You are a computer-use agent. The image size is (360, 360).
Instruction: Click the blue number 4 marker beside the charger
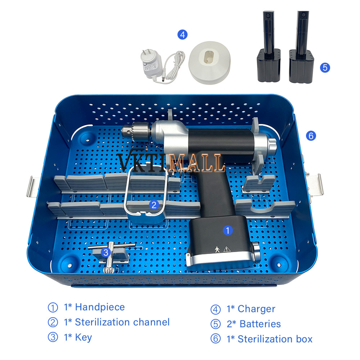183,35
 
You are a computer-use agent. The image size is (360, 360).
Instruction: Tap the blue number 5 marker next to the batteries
325,68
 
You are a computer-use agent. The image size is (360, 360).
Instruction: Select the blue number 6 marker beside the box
311,136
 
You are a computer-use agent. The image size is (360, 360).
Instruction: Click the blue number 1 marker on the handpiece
228,230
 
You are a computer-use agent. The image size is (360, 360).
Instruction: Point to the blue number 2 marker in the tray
154,205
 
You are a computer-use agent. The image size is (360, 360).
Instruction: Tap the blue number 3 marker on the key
105,253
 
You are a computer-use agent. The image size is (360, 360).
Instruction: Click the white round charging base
210,62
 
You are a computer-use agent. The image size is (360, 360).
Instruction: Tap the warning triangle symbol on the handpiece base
227,249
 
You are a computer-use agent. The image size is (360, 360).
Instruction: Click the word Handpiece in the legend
100,307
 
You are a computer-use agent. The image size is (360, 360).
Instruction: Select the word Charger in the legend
256,309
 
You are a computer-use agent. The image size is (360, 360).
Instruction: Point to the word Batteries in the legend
260,324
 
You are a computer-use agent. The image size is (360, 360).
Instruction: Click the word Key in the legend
84,338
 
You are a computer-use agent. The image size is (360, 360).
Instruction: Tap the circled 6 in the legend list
216,339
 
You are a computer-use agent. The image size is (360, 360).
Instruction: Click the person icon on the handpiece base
217,249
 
